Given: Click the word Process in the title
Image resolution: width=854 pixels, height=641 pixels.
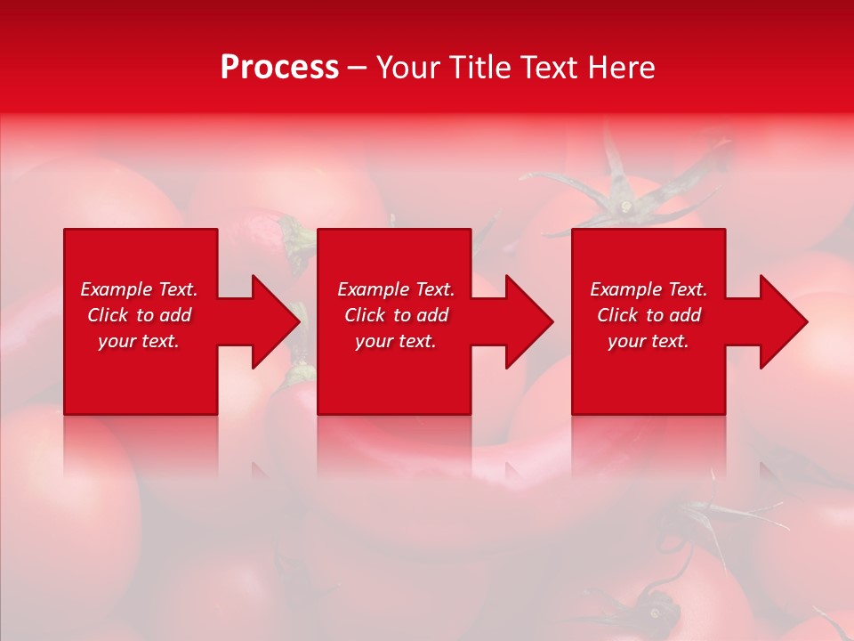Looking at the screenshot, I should pos(279,68).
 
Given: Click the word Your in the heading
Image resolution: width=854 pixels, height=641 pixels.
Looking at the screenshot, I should pos(407,68).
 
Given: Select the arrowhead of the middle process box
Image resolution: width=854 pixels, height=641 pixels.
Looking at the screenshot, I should pos(528,321).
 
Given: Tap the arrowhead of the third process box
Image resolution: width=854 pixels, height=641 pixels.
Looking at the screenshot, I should pos(783,321).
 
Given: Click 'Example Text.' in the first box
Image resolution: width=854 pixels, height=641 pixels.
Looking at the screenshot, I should pos(139,289).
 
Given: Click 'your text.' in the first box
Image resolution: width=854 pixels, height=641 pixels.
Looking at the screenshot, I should pos(139,341).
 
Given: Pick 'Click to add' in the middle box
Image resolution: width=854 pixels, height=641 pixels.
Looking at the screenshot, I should pos(396,315).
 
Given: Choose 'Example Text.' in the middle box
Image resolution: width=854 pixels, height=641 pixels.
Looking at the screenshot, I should pos(396,289).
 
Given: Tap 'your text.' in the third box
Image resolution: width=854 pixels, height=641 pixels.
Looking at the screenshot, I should pos(649,341).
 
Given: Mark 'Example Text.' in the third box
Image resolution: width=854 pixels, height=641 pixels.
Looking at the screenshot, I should pos(649,289).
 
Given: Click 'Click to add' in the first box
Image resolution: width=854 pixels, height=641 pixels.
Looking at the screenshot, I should pos(139,315).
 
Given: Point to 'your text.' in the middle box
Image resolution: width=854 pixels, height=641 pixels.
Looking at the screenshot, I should pos(396,341).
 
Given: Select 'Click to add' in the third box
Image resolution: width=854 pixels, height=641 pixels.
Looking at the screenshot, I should pos(649,315).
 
